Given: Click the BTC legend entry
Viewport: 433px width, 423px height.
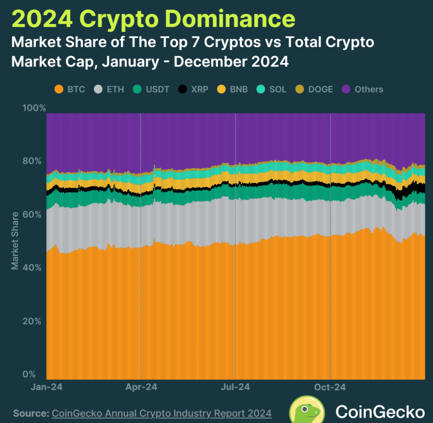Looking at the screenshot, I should point(70,89).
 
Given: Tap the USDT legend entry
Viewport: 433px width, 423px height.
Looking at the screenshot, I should point(152,89).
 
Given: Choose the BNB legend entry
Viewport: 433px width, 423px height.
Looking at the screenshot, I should point(233,89).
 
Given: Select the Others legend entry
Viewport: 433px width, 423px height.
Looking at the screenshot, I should point(363,89).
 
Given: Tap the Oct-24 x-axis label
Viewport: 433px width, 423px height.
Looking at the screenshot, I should point(330,387).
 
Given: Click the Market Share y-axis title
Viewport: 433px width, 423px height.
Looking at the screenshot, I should point(15,240).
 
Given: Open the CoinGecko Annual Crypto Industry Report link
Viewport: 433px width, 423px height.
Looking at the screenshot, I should point(162,413).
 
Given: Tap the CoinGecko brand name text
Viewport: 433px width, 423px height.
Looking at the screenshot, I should point(380,412).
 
